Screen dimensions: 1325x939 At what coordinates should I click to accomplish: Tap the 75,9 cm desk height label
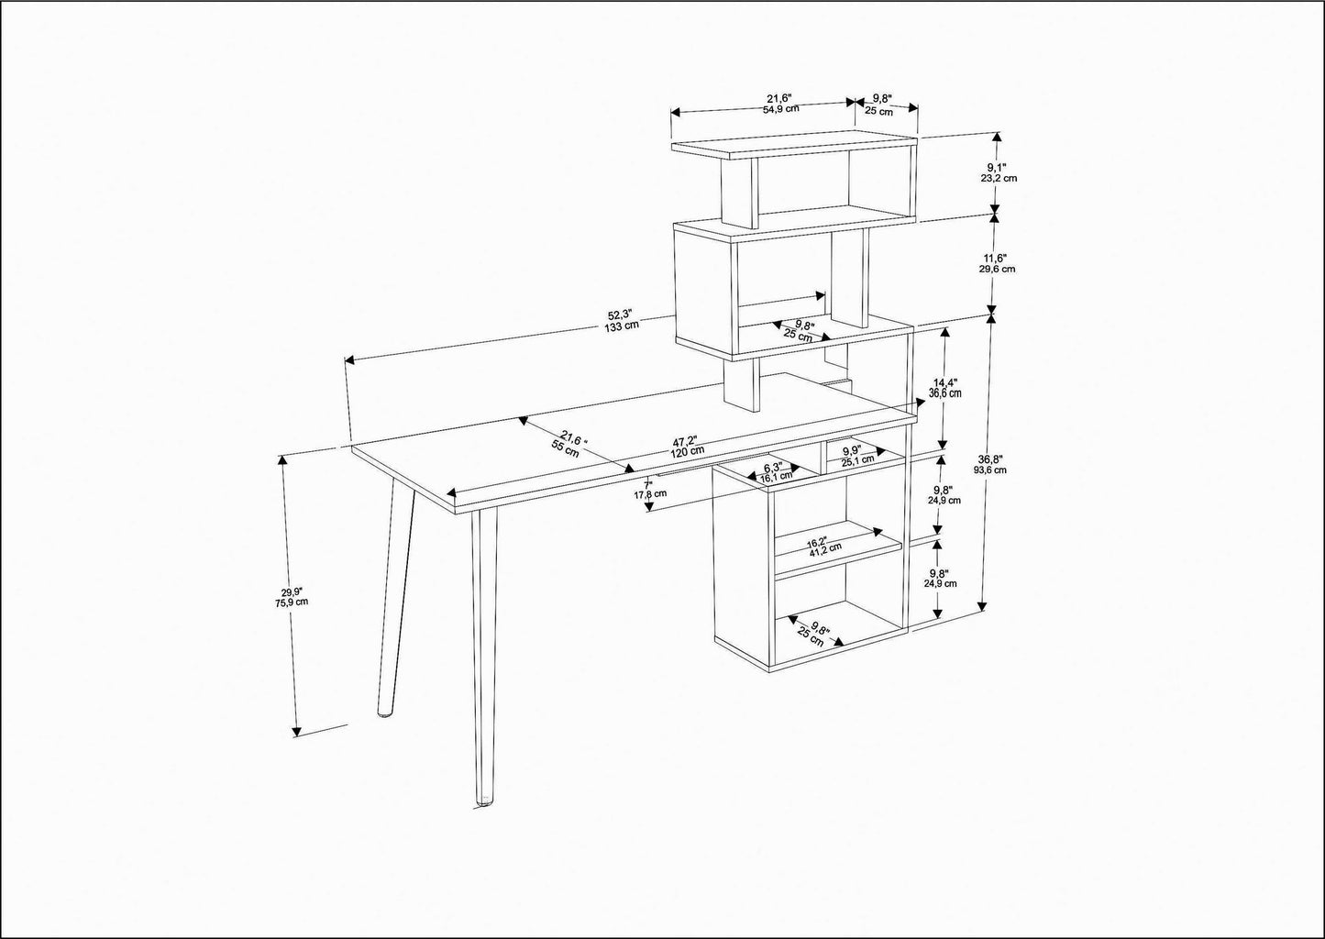pyautogui.click(x=292, y=602)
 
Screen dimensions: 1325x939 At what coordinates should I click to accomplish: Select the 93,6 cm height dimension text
pyautogui.click(x=990, y=469)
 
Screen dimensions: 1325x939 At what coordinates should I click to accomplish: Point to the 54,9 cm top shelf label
pyautogui.click(x=781, y=109)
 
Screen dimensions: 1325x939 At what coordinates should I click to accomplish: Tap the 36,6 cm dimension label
pyautogui.click(x=944, y=392)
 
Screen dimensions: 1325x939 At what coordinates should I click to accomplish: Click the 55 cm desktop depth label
pyautogui.click(x=565, y=448)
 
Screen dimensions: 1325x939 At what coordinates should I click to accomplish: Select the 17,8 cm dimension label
pyautogui.click(x=651, y=493)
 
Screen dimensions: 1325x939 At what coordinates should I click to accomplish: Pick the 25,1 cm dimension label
pyautogui.click(x=858, y=459)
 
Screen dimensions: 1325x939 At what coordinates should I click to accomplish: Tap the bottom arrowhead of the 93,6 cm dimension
pyautogui.click(x=982, y=604)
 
